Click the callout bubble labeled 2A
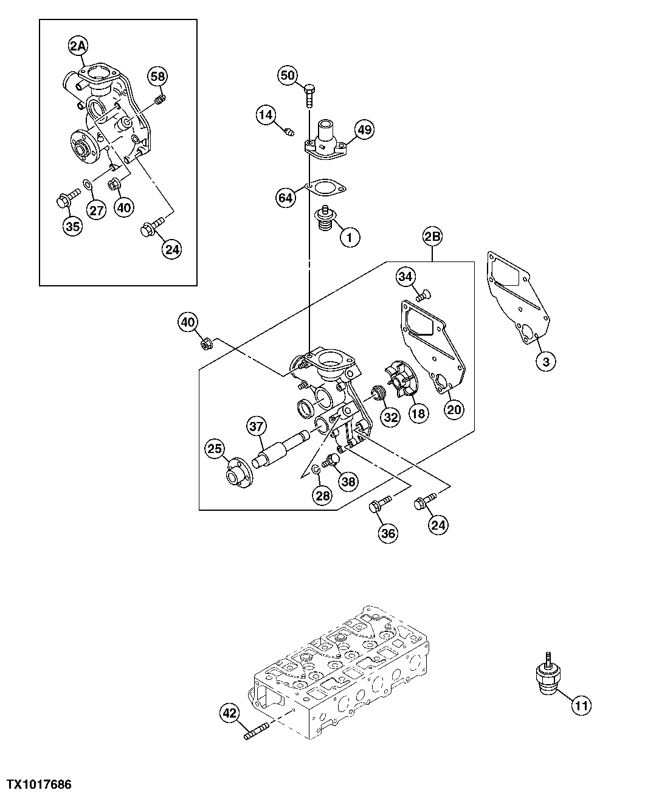[78, 45]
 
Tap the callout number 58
[157, 76]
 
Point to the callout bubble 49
[364, 130]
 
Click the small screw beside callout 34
[423, 296]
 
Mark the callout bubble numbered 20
[454, 409]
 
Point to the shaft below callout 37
[280, 451]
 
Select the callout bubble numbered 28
[322, 496]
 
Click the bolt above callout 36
[379, 505]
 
